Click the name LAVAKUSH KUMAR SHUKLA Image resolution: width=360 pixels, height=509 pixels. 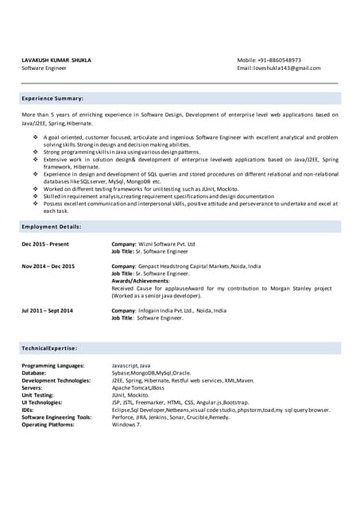click(x=56, y=60)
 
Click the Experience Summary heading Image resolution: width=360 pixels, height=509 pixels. click(x=52, y=98)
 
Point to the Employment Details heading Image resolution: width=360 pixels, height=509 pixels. click(x=52, y=227)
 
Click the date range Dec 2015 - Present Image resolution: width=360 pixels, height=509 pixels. click(x=45, y=244)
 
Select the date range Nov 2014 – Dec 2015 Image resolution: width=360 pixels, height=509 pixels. click(x=48, y=266)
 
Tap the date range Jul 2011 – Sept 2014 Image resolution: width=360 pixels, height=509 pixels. click(x=48, y=310)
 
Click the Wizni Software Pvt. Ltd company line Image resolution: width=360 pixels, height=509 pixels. click(x=153, y=244)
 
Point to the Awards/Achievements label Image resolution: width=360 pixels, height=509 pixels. click(x=141, y=281)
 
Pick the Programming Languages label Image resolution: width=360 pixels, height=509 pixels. click(x=52, y=366)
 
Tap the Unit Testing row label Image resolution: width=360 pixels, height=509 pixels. click(x=37, y=395)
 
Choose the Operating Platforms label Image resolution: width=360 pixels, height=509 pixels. click(x=48, y=425)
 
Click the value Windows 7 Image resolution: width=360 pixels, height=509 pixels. click(x=126, y=425)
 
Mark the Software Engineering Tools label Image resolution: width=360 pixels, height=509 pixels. click(x=56, y=418)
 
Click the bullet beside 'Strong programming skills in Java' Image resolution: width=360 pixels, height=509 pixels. click(x=36, y=152)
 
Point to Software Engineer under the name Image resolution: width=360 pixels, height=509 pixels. click(x=44, y=68)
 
